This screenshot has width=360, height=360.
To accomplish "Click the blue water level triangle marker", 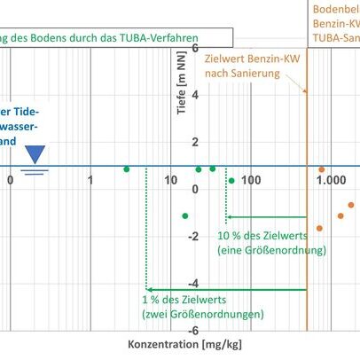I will tap(35, 155).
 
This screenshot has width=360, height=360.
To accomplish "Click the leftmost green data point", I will tap(127, 169).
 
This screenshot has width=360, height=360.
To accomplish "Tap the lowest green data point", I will tap(185, 215).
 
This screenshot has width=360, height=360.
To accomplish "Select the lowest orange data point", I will tap(319, 229).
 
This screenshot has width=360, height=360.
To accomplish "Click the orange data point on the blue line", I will tap(322, 169).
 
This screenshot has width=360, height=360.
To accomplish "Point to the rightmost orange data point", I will tap(350, 205).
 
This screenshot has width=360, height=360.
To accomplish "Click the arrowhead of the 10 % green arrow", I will tap(228, 216).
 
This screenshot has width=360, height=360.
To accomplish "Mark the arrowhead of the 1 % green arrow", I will tap(149, 289).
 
